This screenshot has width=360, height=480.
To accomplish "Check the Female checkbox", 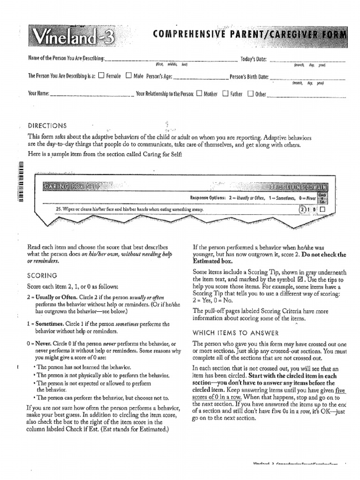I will [102, 76].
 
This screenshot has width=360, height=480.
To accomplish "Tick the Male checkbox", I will [128, 76].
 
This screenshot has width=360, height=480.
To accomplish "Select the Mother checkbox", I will [199, 93].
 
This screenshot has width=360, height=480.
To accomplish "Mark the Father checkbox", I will [225, 93].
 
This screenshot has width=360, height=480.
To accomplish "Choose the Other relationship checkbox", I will [250, 93].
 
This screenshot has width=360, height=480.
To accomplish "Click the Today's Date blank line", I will [307, 60].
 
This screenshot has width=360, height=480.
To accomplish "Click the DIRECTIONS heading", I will [47, 126].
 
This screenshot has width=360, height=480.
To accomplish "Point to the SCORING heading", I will [42, 275].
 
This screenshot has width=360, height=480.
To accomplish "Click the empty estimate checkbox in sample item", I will [322, 209].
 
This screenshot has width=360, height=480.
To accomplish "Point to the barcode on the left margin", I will [20, 181].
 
